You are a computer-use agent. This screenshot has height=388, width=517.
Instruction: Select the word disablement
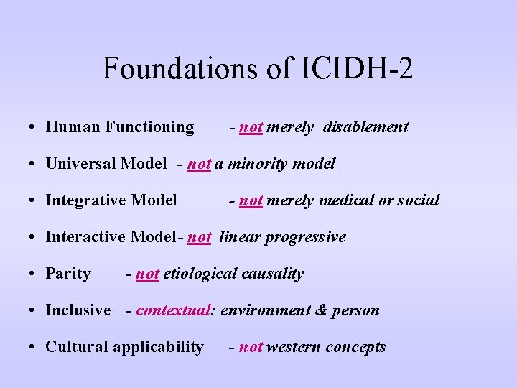365,127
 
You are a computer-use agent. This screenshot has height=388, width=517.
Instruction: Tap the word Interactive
85,237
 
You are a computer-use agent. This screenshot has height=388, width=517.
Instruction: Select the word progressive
305,237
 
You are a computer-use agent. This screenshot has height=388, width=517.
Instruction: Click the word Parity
68,274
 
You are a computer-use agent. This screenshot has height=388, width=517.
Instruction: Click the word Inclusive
78,310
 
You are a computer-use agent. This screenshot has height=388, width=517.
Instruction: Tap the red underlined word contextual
173,310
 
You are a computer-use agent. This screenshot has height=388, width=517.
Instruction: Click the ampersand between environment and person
320,310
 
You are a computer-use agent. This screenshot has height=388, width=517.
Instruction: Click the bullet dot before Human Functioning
34,128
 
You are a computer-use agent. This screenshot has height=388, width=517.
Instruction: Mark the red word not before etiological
147,274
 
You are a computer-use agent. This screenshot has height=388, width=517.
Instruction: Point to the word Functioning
149,127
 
